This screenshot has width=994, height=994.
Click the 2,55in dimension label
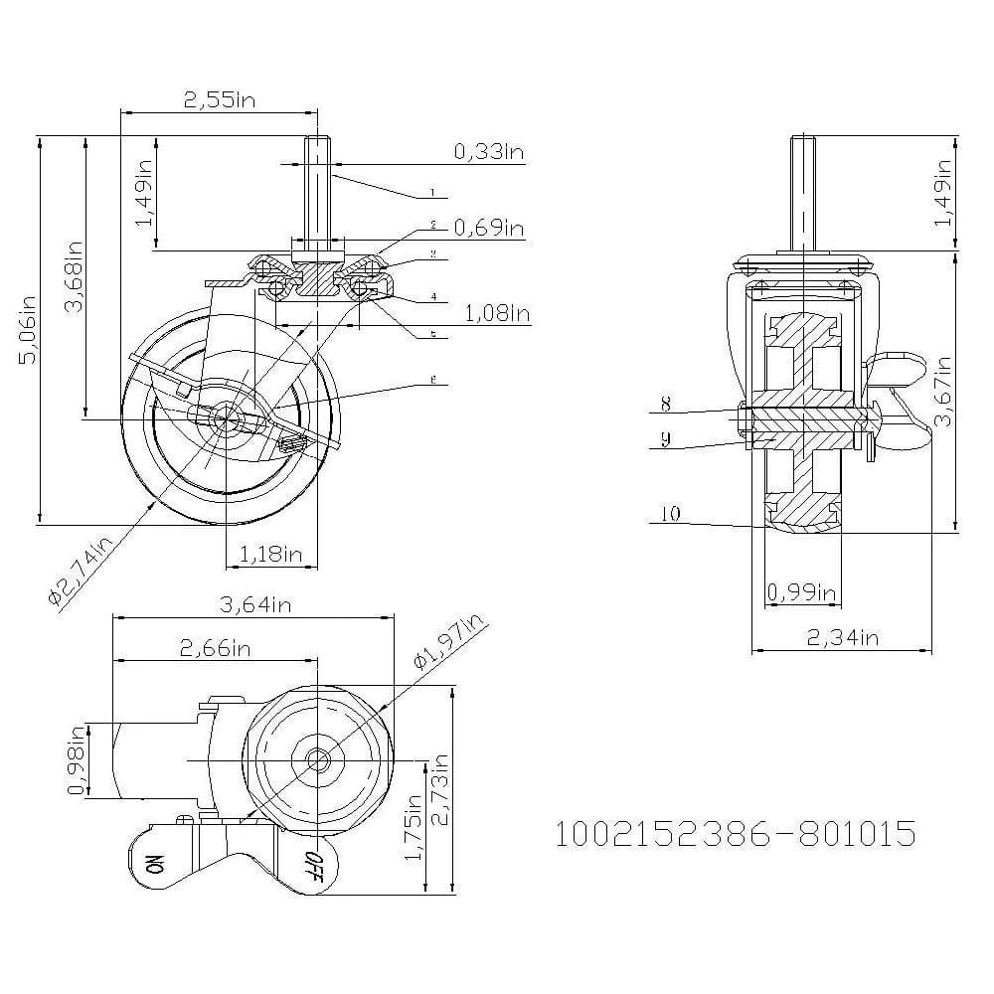(217, 99)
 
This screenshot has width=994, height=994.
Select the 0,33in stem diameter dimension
(488, 151)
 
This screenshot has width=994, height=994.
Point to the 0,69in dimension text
(488, 229)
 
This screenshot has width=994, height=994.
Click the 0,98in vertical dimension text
(76, 760)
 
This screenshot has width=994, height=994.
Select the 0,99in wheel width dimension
(801, 592)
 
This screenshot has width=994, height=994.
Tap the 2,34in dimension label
(842, 637)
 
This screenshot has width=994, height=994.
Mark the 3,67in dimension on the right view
(942, 392)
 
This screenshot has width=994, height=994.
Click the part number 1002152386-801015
(735, 833)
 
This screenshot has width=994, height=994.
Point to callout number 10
(670, 514)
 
